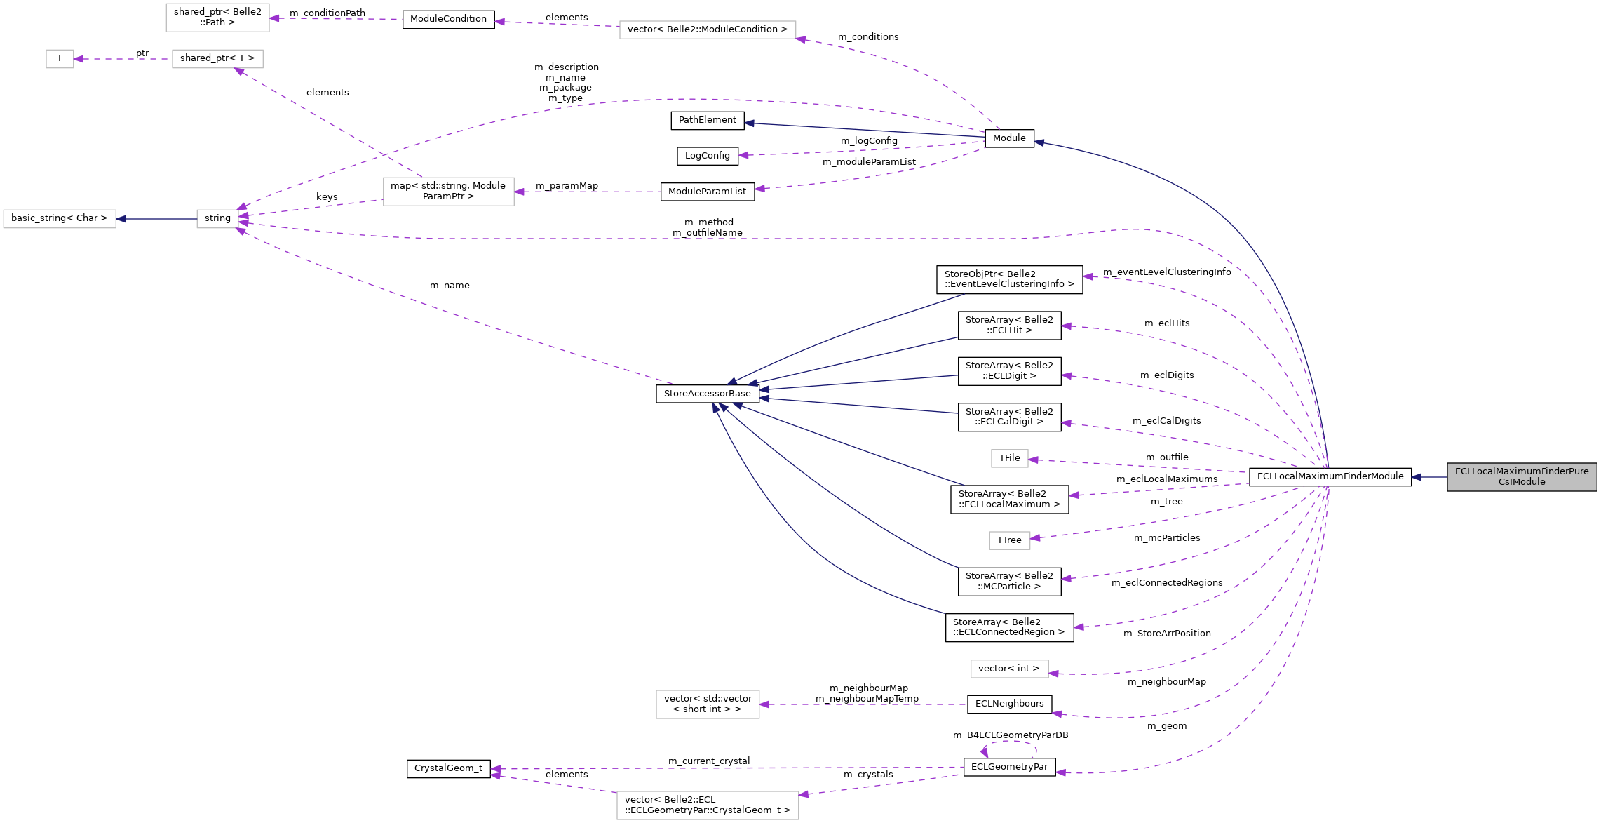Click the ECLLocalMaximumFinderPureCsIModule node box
pyautogui.click(x=1521, y=476)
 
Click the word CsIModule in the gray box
pyautogui.click(x=1521, y=482)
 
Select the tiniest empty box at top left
pyautogui.click(x=60, y=59)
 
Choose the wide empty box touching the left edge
pyautogui.click(x=60, y=219)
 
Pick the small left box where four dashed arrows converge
pyautogui.click(x=217, y=219)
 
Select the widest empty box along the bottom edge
pyautogui.click(x=708, y=805)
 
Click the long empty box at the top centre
pyautogui.click(x=708, y=29)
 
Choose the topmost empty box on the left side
pyautogui.click(x=217, y=18)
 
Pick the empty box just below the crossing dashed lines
pyautogui.click(x=448, y=192)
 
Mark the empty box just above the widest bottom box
pyautogui.click(x=708, y=704)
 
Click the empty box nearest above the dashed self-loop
pyautogui.click(x=1009, y=669)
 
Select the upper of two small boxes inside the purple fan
pyautogui.click(x=1009, y=458)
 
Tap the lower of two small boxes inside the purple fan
pyautogui.click(x=1009, y=540)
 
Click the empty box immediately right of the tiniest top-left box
pyautogui.click(x=217, y=59)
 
